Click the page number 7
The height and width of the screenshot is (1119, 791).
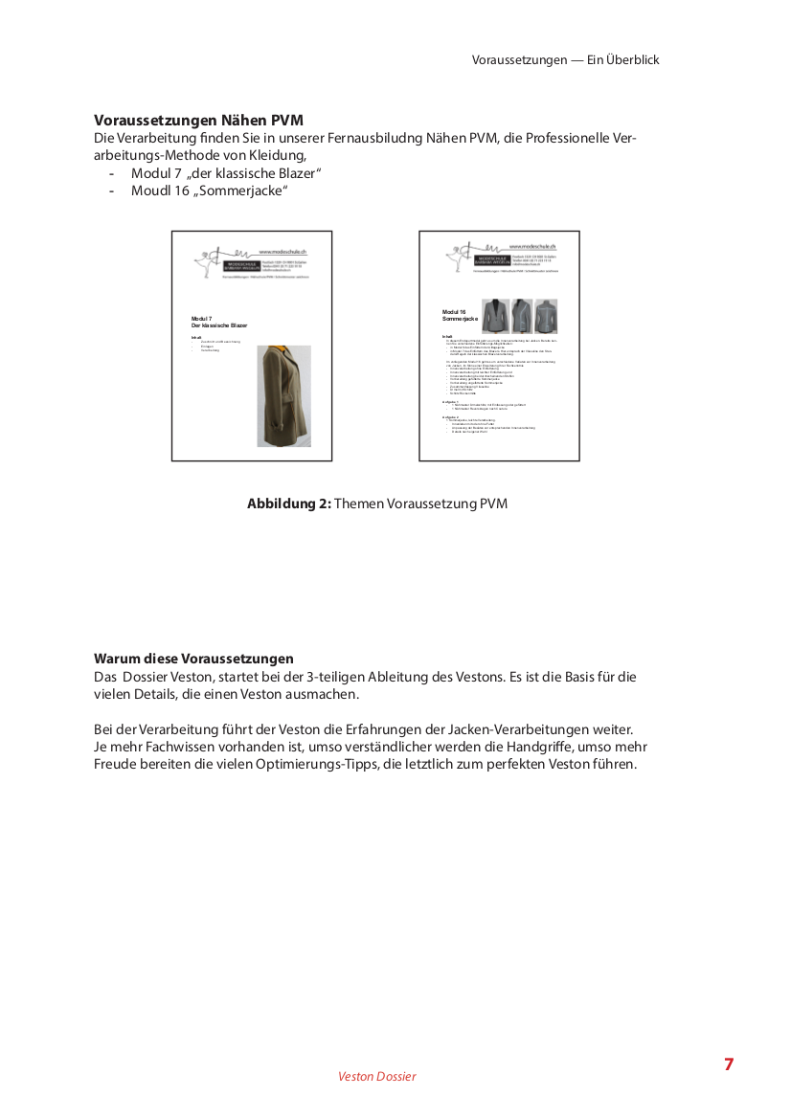tap(729, 1064)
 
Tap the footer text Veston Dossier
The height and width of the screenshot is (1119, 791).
tap(377, 1077)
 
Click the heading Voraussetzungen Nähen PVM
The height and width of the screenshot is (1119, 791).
tap(198, 121)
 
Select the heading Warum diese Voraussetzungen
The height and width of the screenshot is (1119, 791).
tap(193, 659)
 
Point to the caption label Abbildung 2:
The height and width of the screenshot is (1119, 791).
tap(288, 504)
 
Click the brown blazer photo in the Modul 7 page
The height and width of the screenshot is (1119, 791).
tap(278, 396)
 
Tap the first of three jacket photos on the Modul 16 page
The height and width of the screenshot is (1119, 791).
tap(495, 316)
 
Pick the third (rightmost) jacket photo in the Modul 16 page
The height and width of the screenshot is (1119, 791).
tap(547, 316)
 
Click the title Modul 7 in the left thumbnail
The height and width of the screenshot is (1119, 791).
tap(202, 318)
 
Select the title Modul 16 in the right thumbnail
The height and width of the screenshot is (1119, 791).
tap(454, 312)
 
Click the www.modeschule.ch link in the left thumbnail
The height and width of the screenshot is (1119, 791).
tap(287, 251)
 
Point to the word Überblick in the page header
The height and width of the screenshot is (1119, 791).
tap(632, 59)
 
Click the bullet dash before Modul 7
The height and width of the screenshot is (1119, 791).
tap(112, 173)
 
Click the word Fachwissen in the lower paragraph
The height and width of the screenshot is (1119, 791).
tap(169, 747)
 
